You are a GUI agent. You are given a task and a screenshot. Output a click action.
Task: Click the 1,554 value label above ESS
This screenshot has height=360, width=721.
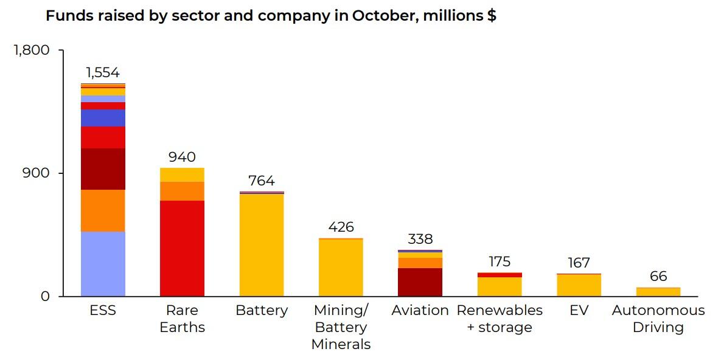point(103,73)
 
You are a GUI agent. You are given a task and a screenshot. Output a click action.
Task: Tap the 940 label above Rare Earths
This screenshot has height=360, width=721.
point(182,157)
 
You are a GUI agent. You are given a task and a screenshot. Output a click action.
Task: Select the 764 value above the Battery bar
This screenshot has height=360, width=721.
point(262,181)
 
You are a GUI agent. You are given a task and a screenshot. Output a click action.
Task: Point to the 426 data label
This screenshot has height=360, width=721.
point(341,227)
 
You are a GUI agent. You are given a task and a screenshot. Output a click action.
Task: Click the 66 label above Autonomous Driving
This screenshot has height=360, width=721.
point(658,277)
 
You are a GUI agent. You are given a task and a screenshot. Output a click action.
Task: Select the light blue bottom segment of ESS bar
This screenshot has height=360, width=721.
point(103,263)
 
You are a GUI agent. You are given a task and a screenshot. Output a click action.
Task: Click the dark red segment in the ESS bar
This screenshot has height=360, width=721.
point(103,169)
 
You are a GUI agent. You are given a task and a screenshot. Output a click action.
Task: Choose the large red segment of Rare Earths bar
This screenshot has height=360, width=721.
point(182,248)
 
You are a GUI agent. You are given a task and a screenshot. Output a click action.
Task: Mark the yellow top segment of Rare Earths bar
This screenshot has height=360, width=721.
point(182,175)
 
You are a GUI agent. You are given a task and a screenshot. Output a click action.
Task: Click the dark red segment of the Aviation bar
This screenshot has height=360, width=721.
point(420,282)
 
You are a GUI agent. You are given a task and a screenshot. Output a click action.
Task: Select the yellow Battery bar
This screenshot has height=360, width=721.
point(262,245)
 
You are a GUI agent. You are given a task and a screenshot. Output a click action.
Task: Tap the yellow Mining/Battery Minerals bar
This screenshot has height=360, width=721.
point(341,268)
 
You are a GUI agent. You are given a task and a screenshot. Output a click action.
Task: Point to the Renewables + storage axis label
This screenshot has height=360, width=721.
point(500,319)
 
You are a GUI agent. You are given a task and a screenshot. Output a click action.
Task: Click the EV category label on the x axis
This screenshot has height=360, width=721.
point(579,310)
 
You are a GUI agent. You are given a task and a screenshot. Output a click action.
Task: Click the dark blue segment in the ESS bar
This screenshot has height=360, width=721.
point(103,118)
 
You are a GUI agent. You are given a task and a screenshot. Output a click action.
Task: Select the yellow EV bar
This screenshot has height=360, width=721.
point(579,285)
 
